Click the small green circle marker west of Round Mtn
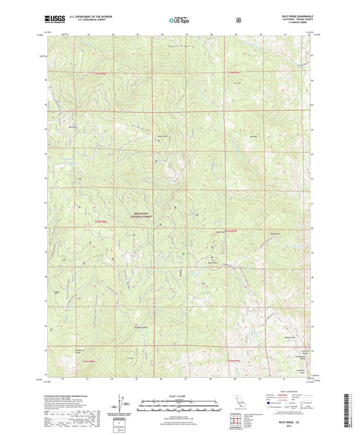(x=183, y=254)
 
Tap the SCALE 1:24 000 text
(x=180, y=395)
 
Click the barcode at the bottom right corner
(x=349, y=412)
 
